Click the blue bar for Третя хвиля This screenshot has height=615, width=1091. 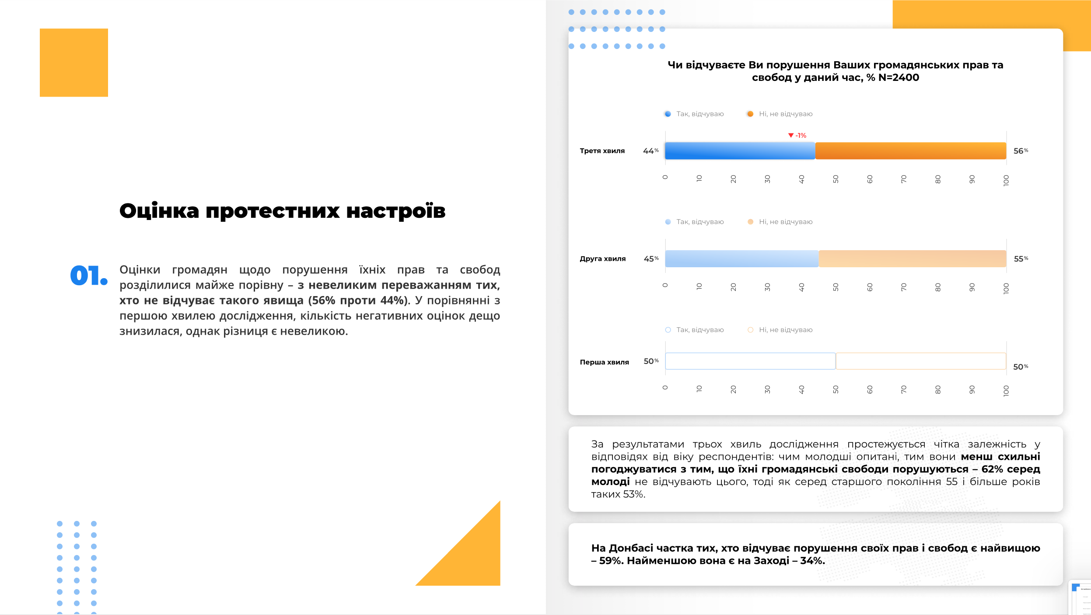pos(740,150)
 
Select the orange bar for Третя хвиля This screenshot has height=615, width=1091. pos(910,150)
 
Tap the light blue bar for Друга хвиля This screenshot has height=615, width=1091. pos(741,259)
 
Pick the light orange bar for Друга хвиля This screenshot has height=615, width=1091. pos(912,259)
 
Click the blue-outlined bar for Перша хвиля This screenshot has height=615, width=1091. pos(750,361)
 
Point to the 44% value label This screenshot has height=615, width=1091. pos(650,151)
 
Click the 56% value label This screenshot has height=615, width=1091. pos(1020,151)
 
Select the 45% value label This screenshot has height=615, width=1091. pos(650,259)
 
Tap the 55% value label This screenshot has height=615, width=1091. pos(1021,259)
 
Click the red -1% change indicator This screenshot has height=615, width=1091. pos(797,136)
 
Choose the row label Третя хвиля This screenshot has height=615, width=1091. pos(602,151)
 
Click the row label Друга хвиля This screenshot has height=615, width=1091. pos(602,259)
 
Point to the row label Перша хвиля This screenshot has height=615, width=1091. pos(604,362)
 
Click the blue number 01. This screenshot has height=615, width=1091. pos(88,276)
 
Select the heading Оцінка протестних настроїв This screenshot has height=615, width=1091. pos(282,211)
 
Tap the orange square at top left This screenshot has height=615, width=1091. pos(74,63)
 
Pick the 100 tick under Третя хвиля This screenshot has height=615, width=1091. pos(1006,180)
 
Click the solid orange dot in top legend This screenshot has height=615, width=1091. pos(750,114)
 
